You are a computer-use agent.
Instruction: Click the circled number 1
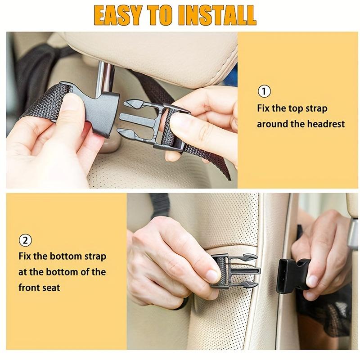[264, 91]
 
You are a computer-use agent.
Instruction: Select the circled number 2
[25, 240]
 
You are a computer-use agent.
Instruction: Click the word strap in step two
[95, 256]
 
